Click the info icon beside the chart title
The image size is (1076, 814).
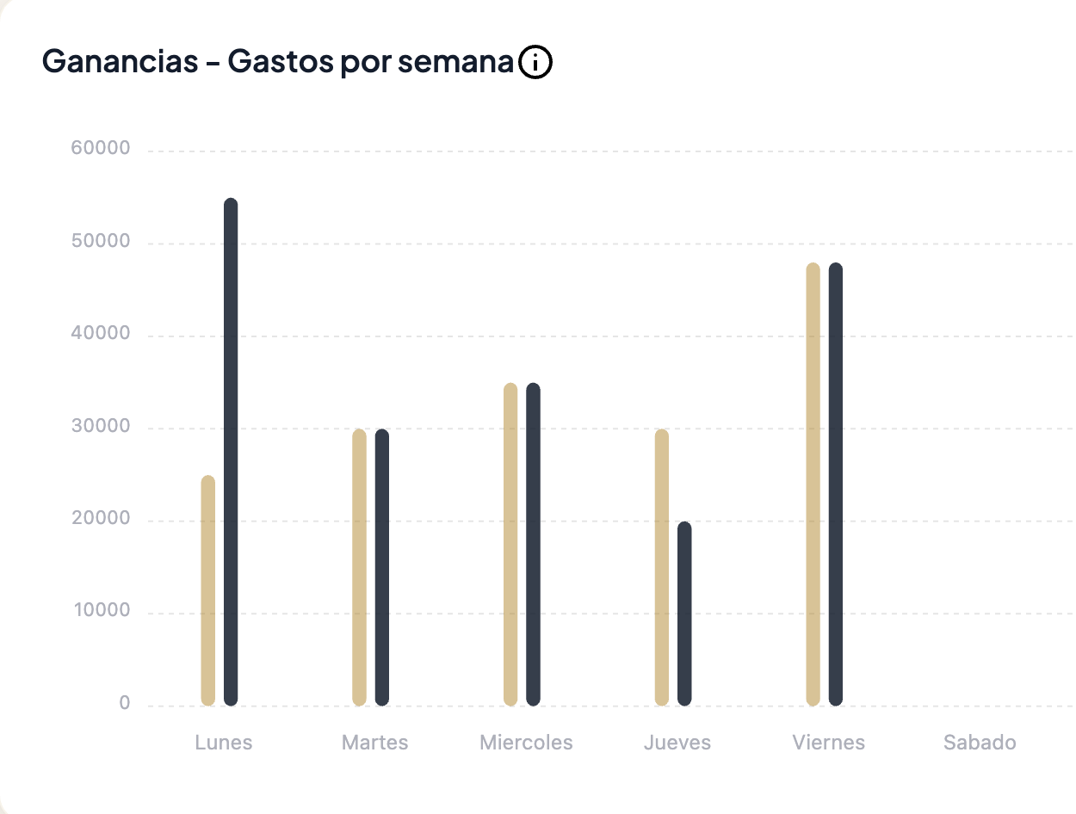click(x=535, y=63)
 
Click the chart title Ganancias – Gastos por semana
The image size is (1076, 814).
click(x=277, y=63)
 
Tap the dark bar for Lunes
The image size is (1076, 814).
click(x=231, y=452)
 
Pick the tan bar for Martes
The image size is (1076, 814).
click(x=360, y=567)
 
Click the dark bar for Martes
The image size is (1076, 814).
click(x=382, y=567)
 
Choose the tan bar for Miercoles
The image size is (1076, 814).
click(x=510, y=544)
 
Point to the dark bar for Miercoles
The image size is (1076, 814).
click(x=534, y=544)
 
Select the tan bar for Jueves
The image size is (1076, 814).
click(x=662, y=567)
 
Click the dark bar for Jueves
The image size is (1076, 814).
click(x=684, y=614)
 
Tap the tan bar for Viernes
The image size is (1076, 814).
click(x=813, y=484)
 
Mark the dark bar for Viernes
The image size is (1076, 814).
click(x=836, y=484)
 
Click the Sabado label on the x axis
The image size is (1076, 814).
click(x=980, y=743)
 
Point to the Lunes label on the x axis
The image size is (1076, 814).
click(x=224, y=743)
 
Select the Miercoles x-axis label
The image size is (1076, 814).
click(x=526, y=743)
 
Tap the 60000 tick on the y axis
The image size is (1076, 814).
click(x=101, y=149)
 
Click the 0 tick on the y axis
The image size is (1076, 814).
click(x=125, y=704)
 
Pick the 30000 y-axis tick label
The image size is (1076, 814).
click(x=101, y=427)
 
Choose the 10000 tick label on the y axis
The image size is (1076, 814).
click(x=101, y=612)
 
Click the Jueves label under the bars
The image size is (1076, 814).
click(x=677, y=743)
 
